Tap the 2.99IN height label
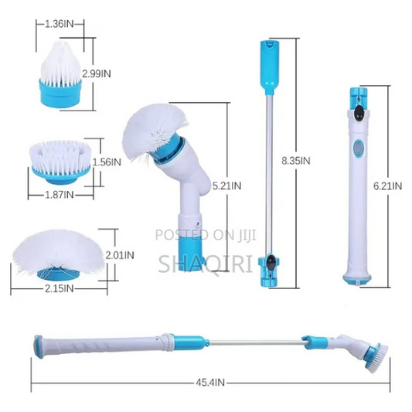point(97,74)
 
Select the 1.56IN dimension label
point(107,162)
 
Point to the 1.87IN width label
point(59,195)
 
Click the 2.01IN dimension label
point(120,255)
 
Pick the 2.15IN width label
point(59,289)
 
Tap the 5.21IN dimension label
point(226,186)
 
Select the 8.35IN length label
point(296,161)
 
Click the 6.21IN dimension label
point(387,186)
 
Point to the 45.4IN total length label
point(210,383)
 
